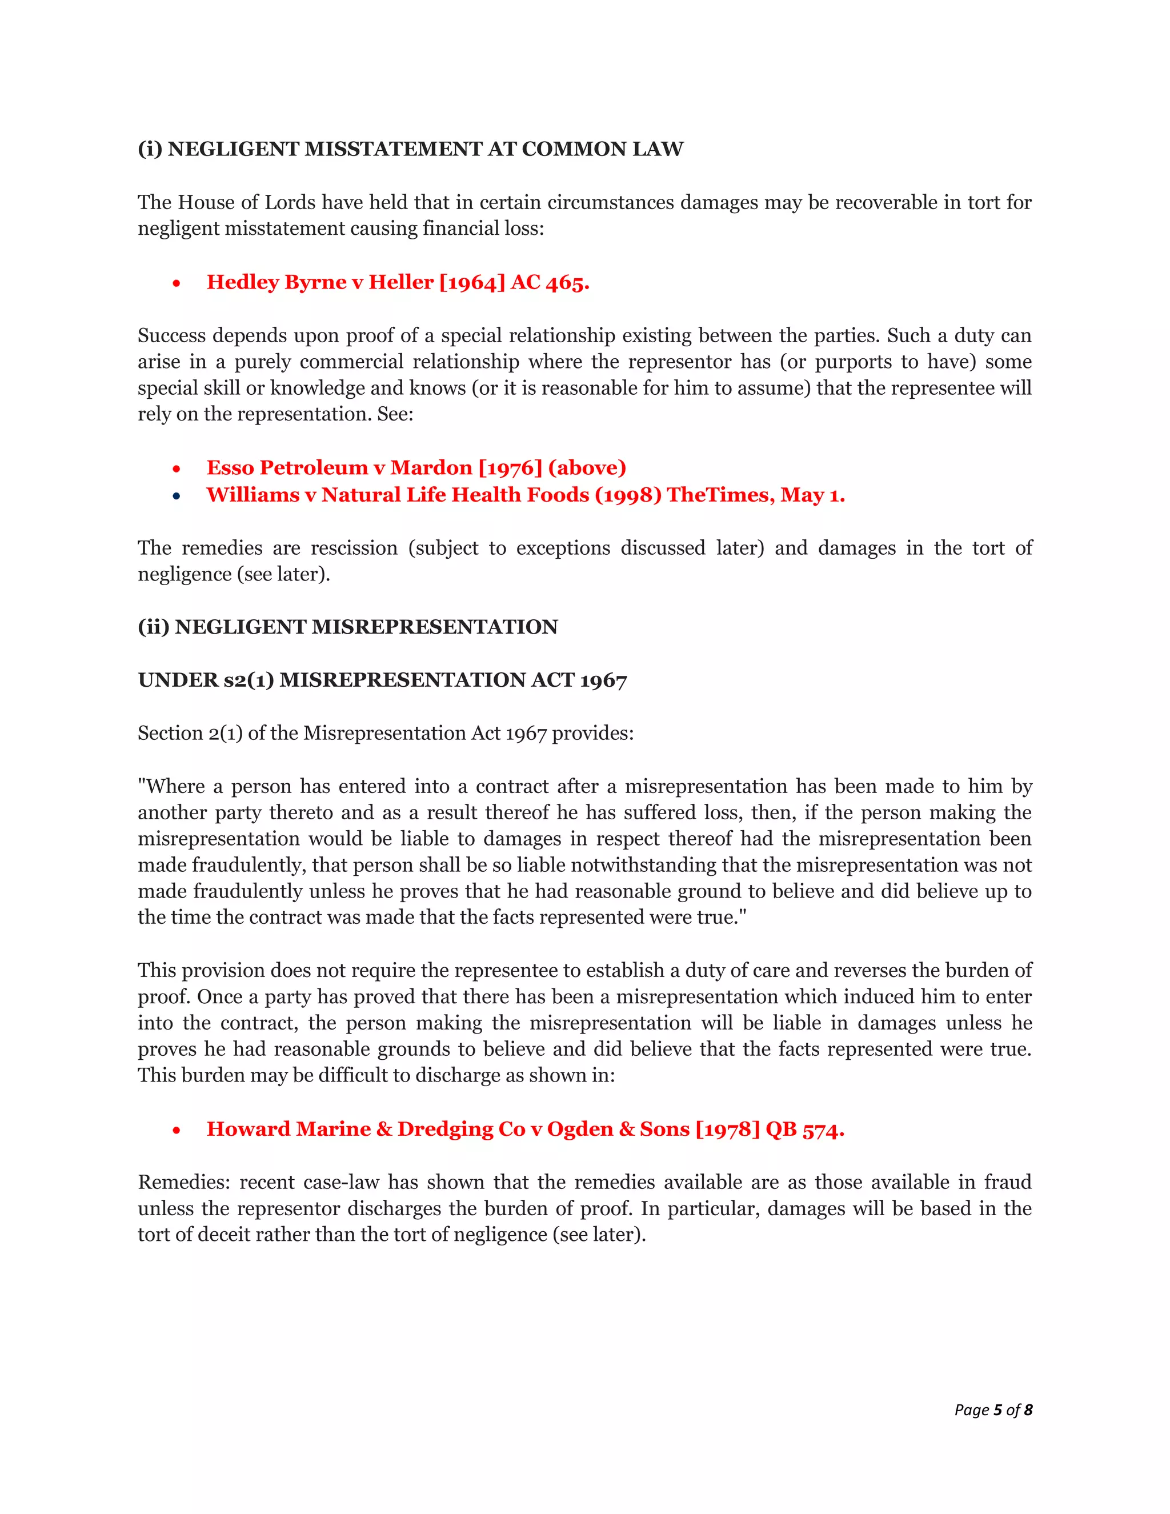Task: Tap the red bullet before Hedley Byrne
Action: (177, 283)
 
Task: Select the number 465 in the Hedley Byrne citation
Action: (567, 282)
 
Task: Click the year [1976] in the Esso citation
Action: (510, 468)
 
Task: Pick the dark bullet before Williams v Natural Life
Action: (177, 496)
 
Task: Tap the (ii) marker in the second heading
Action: (153, 627)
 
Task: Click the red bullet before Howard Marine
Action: (177, 1131)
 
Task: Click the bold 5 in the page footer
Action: (997, 1410)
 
